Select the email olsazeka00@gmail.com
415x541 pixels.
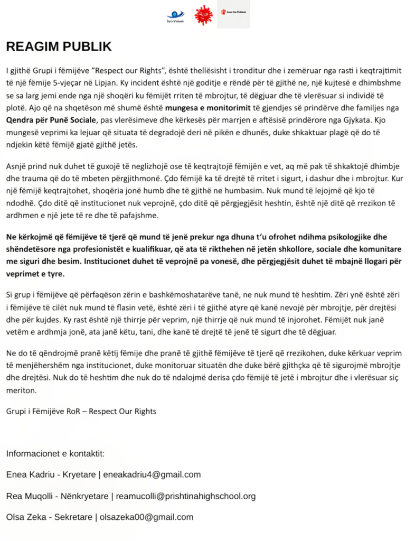(147, 517)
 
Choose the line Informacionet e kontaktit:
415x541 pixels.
(55, 453)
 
